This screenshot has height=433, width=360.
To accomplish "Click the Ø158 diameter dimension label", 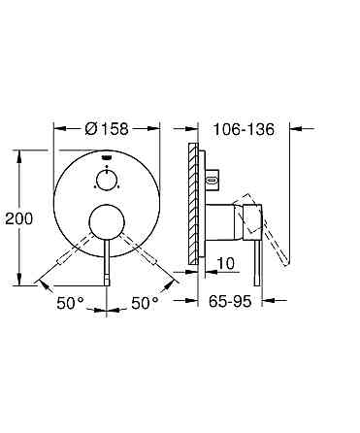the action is pyautogui.click(x=107, y=129).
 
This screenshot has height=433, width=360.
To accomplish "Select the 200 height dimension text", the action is pyautogui.click(x=19, y=218).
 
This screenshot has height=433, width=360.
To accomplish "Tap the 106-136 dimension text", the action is pyautogui.click(x=244, y=129).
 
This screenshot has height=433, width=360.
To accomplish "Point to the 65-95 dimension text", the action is pyautogui.click(x=230, y=302).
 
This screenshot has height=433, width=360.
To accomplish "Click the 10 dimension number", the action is pyautogui.click(x=225, y=263).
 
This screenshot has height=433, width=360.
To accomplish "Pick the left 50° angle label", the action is pyautogui.click(x=70, y=303).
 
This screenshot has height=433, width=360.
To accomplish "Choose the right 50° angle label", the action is pyautogui.click(x=145, y=303).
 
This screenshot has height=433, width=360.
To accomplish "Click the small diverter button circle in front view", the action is pyautogui.click(x=107, y=180).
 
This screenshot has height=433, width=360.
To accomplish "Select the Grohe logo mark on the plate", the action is pyautogui.click(x=107, y=157).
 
